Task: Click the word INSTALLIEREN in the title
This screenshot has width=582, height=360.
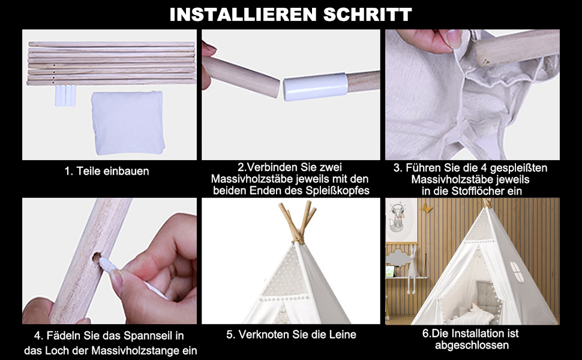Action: [x=244, y=14]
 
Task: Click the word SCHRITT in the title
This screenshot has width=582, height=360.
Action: [x=367, y=14]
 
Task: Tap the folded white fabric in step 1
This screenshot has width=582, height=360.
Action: [x=128, y=122]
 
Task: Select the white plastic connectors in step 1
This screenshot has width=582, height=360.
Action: [x=65, y=95]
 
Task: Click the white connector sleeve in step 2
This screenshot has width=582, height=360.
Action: [x=316, y=86]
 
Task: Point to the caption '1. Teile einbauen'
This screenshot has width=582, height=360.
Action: [x=107, y=171]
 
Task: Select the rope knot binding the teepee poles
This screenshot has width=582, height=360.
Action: [x=298, y=241]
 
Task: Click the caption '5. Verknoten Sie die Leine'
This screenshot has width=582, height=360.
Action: [x=292, y=334]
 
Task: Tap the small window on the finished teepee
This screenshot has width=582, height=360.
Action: [x=517, y=272]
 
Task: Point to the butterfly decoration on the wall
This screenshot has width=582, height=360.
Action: [x=427, y=208]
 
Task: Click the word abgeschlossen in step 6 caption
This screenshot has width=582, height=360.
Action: [x=472, y=346]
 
